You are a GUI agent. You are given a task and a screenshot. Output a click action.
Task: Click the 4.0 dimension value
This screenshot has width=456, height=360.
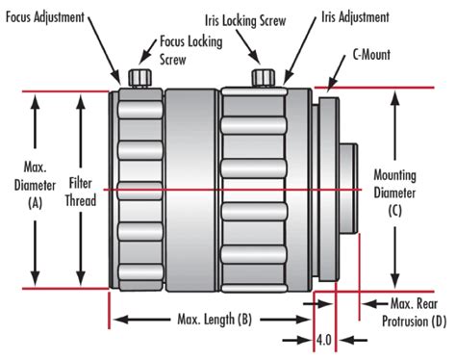[x=327, y=340]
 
